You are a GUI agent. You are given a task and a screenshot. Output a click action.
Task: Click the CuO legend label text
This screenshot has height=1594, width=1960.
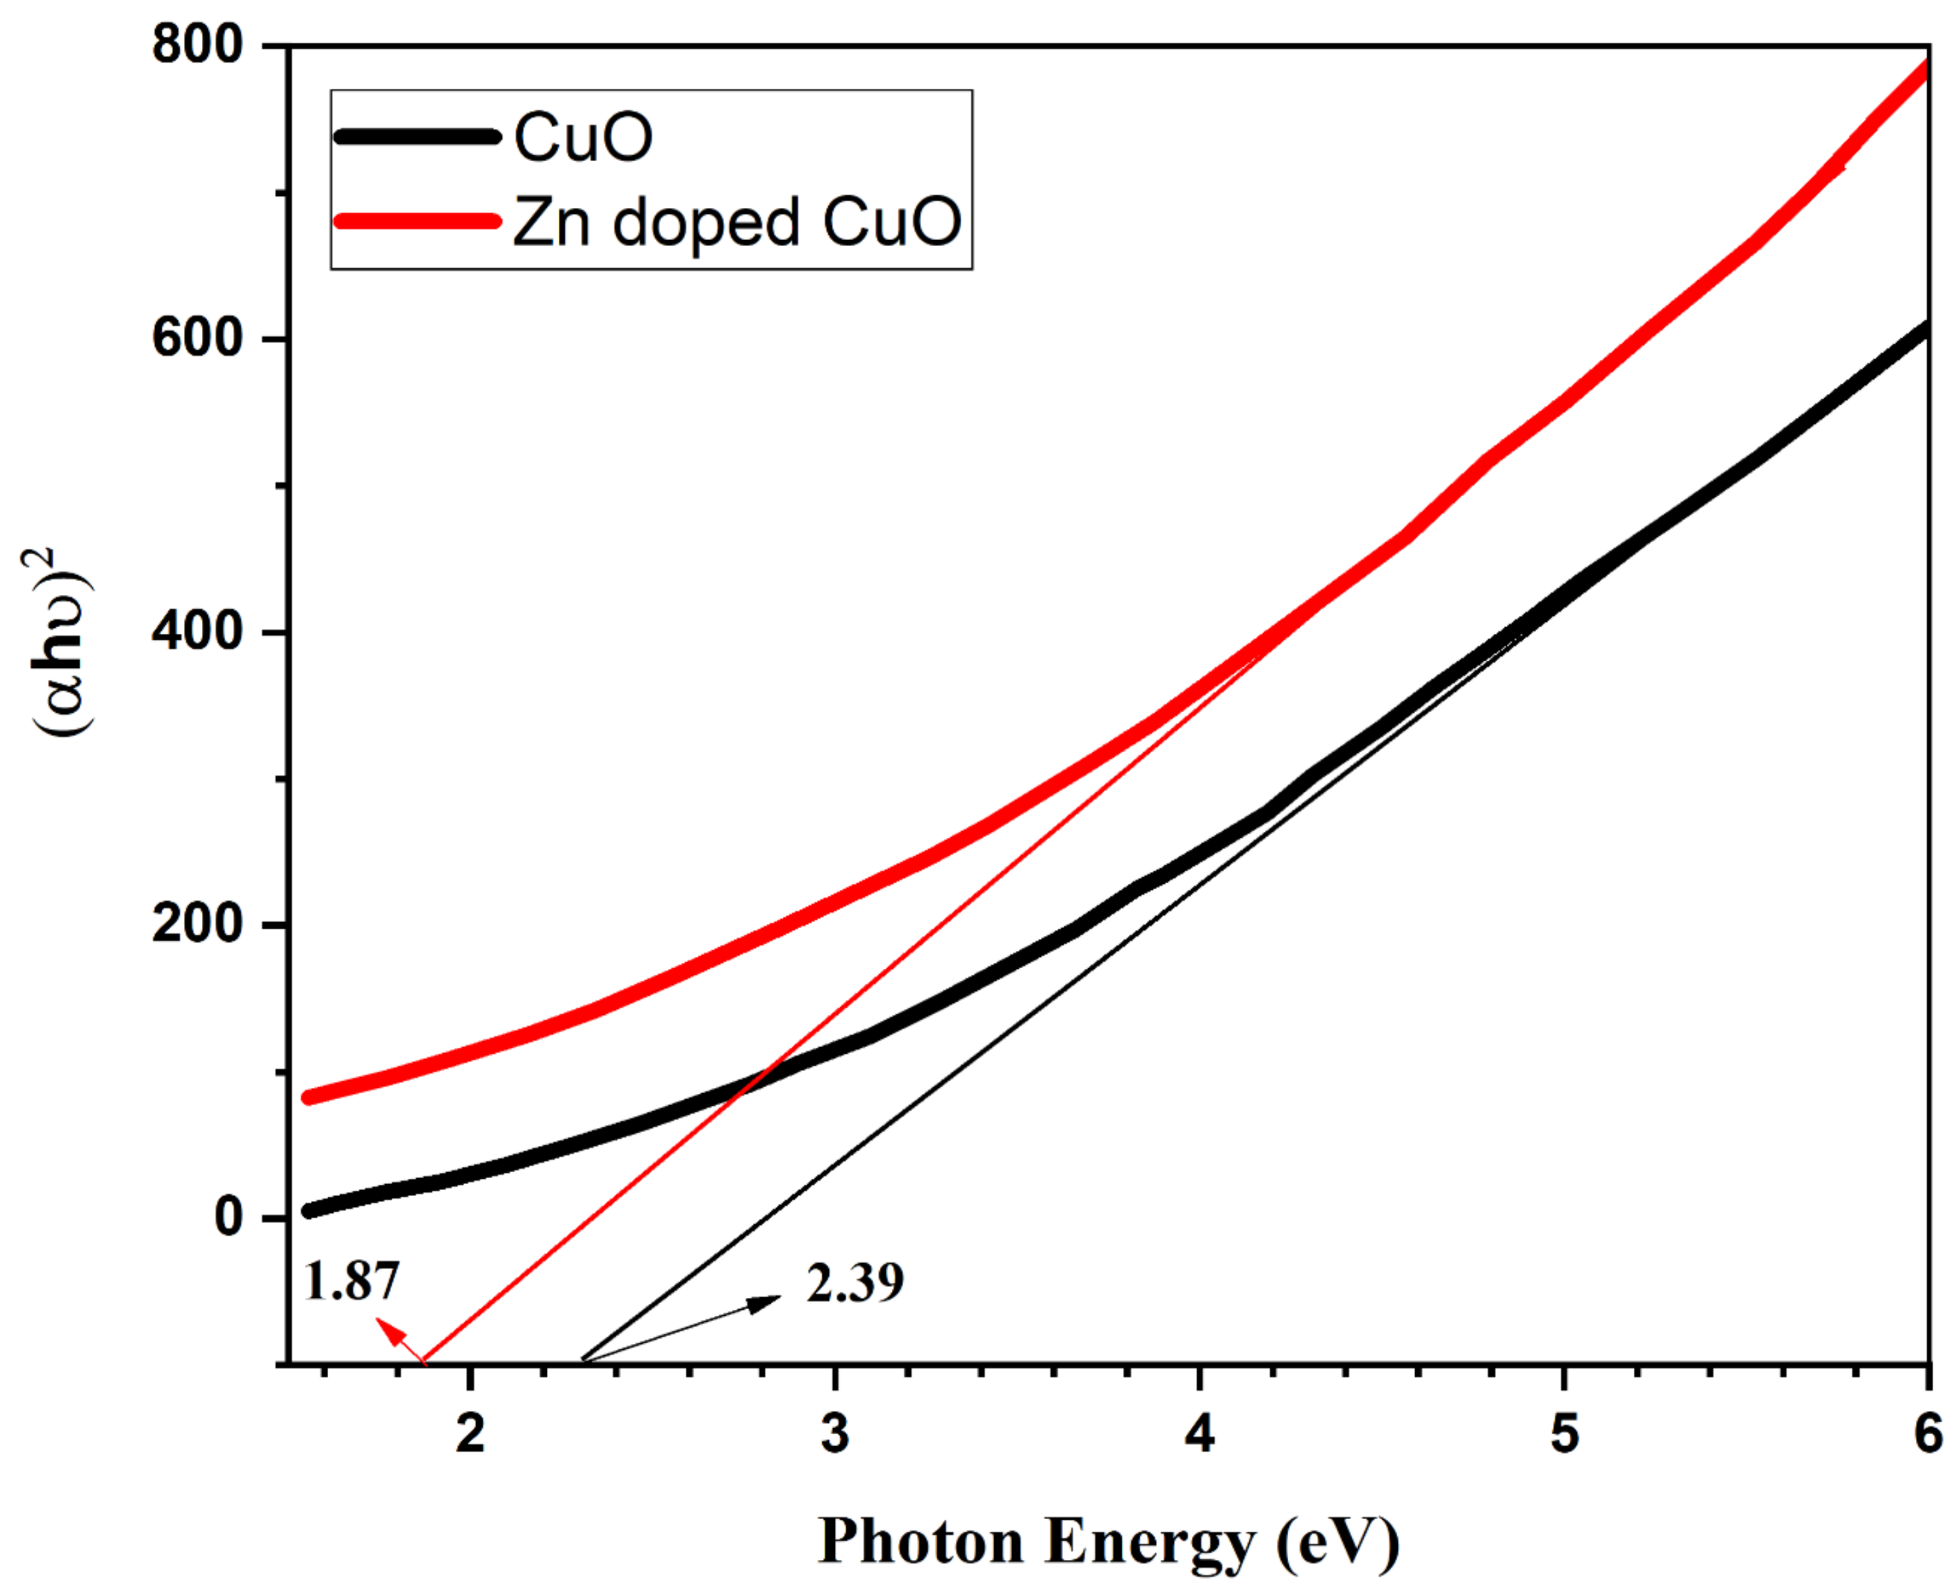(583, 138)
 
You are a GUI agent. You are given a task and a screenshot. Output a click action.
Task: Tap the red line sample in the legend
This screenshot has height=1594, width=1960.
(418, 221)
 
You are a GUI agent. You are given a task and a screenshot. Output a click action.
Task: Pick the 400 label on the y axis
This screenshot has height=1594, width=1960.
(197, 632)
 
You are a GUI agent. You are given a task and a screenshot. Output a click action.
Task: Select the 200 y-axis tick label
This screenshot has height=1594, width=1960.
(197, 924)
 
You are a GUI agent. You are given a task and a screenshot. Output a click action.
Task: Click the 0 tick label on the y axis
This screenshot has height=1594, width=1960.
(229, 1217)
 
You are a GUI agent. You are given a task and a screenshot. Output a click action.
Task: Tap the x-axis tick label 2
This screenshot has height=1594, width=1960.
(470, 1434)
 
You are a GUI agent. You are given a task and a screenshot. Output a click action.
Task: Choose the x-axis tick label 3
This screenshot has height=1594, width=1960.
(834, 1434)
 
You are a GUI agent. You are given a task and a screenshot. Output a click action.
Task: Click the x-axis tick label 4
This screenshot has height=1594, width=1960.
(1199, 1434)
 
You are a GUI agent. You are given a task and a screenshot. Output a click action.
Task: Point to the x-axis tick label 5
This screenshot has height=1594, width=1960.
(1564, 1434)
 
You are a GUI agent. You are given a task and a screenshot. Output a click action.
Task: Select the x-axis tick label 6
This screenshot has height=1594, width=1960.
(1928, 1434)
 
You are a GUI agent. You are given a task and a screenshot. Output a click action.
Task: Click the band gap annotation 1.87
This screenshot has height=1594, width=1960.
(351, 1281)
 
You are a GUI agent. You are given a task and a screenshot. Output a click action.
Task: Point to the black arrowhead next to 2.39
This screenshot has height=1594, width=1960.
(764, 1302)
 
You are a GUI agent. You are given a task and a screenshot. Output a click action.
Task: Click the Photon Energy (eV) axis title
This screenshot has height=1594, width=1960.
(1108, 1541)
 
